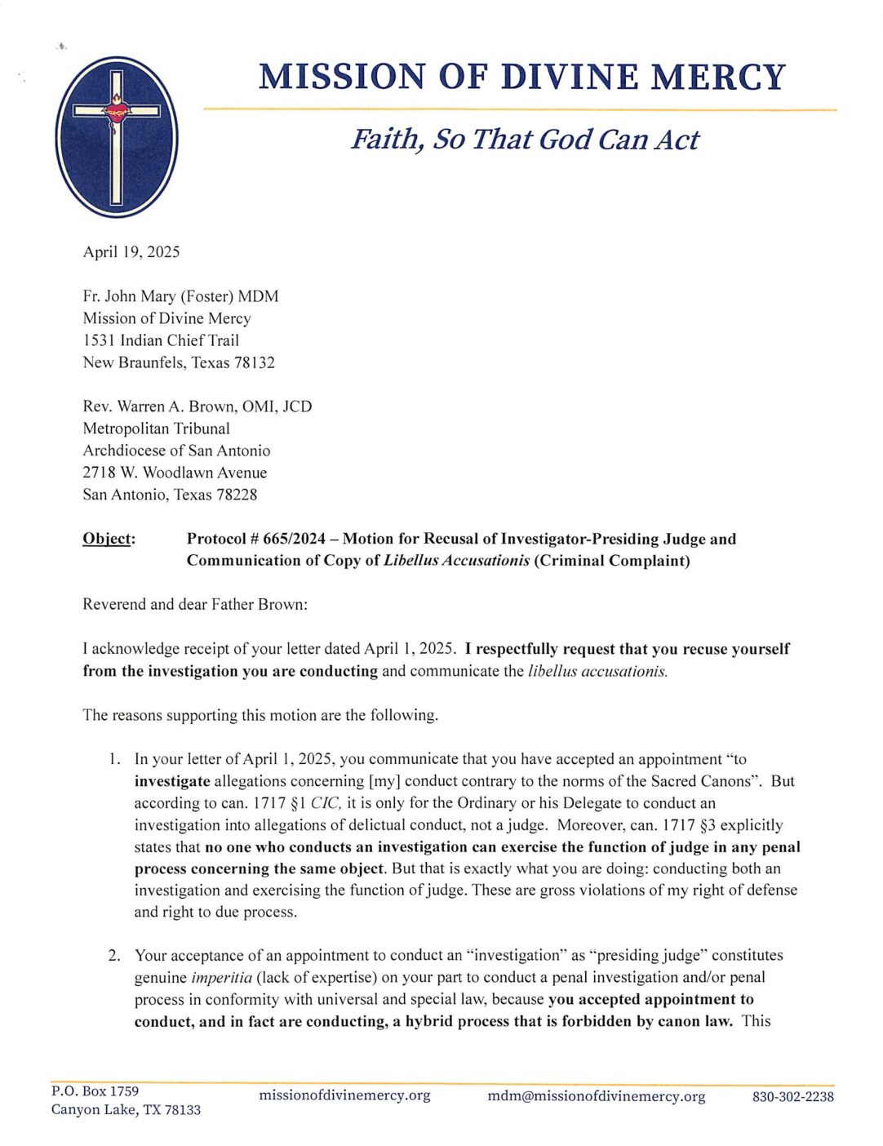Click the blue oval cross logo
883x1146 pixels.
click(x=117, y=136)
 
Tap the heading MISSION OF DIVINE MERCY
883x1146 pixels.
click(x=521, y=78)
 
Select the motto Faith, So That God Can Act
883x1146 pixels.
click(x=525, y=140)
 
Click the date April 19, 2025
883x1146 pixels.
click(x=131, y=252)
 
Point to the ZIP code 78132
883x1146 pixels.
click(x=255, y=363)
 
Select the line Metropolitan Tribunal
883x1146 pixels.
click(x=156, y=429)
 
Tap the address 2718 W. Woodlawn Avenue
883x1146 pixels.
click(x=175, y=473)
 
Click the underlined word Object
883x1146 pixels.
click(x=109, y=540)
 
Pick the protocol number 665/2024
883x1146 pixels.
click(x=295, y=540)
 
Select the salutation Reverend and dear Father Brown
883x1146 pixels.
click(x=195, y=605)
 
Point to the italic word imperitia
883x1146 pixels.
click(x=221, y=978)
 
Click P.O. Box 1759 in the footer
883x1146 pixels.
click(x=95, y=1091)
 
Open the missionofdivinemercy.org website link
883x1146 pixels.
click(x=344, y=1095)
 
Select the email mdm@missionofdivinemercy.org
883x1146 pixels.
click(x=596, y=1096)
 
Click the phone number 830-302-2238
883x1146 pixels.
click(x=792, y=1097)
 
